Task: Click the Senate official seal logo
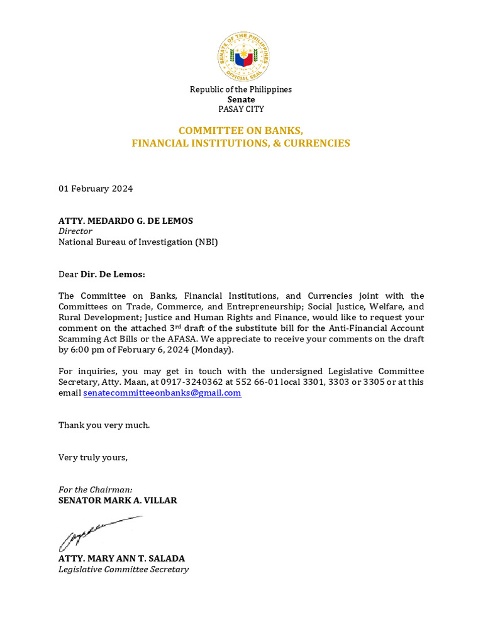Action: [243, 57]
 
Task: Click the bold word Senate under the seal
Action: [241, 99]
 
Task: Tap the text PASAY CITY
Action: [241, 109]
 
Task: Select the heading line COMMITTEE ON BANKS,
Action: [241, 131]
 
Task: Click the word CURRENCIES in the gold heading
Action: [318, 143]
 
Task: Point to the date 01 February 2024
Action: [96, 189]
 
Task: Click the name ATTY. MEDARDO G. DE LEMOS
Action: [126, 221]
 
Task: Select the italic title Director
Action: [75, 231]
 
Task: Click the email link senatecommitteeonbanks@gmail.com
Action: [162, 393]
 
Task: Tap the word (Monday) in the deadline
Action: [213, 350]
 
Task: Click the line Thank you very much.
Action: [104, 425]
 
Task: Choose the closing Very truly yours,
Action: [93, 457]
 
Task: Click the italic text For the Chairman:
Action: [95, 490]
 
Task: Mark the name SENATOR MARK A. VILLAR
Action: [118, 501]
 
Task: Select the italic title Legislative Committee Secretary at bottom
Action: [123, 569]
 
